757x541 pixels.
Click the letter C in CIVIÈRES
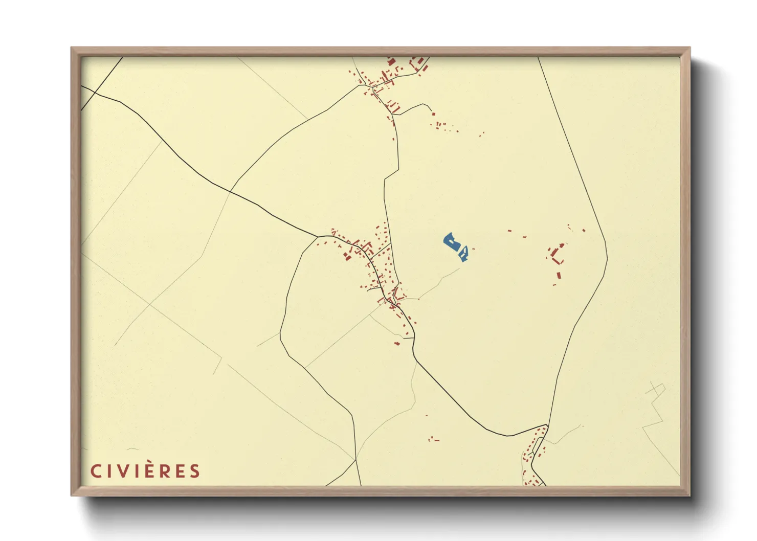coord(96,471)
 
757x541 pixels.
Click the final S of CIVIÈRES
coord(194,471)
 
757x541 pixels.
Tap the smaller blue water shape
coord(464,253)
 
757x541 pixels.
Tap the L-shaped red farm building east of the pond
coord(556,254)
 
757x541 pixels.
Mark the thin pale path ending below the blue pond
coord(440,281)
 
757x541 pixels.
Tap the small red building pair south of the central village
coord(396,343)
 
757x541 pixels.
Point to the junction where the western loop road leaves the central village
coord(319,236)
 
